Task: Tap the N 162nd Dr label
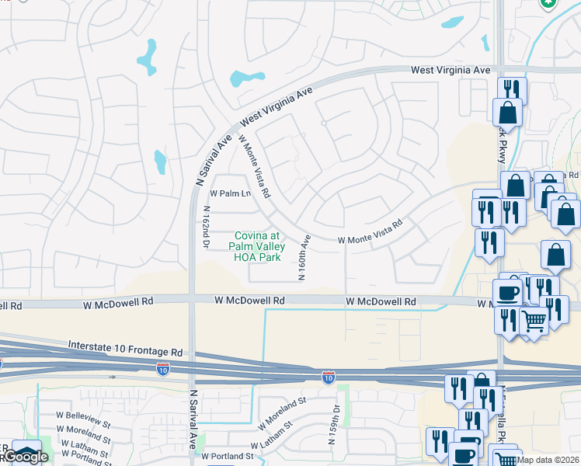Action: [207, 225]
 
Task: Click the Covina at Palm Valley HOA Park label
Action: [256, 246]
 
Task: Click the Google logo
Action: [25, 457]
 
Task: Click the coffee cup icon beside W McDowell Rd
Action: [508, 293]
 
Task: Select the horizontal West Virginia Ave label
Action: [451, 71]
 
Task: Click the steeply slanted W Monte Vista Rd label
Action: [254, 165]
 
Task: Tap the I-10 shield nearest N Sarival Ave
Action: [163, 369]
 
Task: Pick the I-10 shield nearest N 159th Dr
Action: [329, 377]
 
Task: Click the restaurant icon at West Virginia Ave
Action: [511, 90]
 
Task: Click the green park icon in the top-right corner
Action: [549, 4]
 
